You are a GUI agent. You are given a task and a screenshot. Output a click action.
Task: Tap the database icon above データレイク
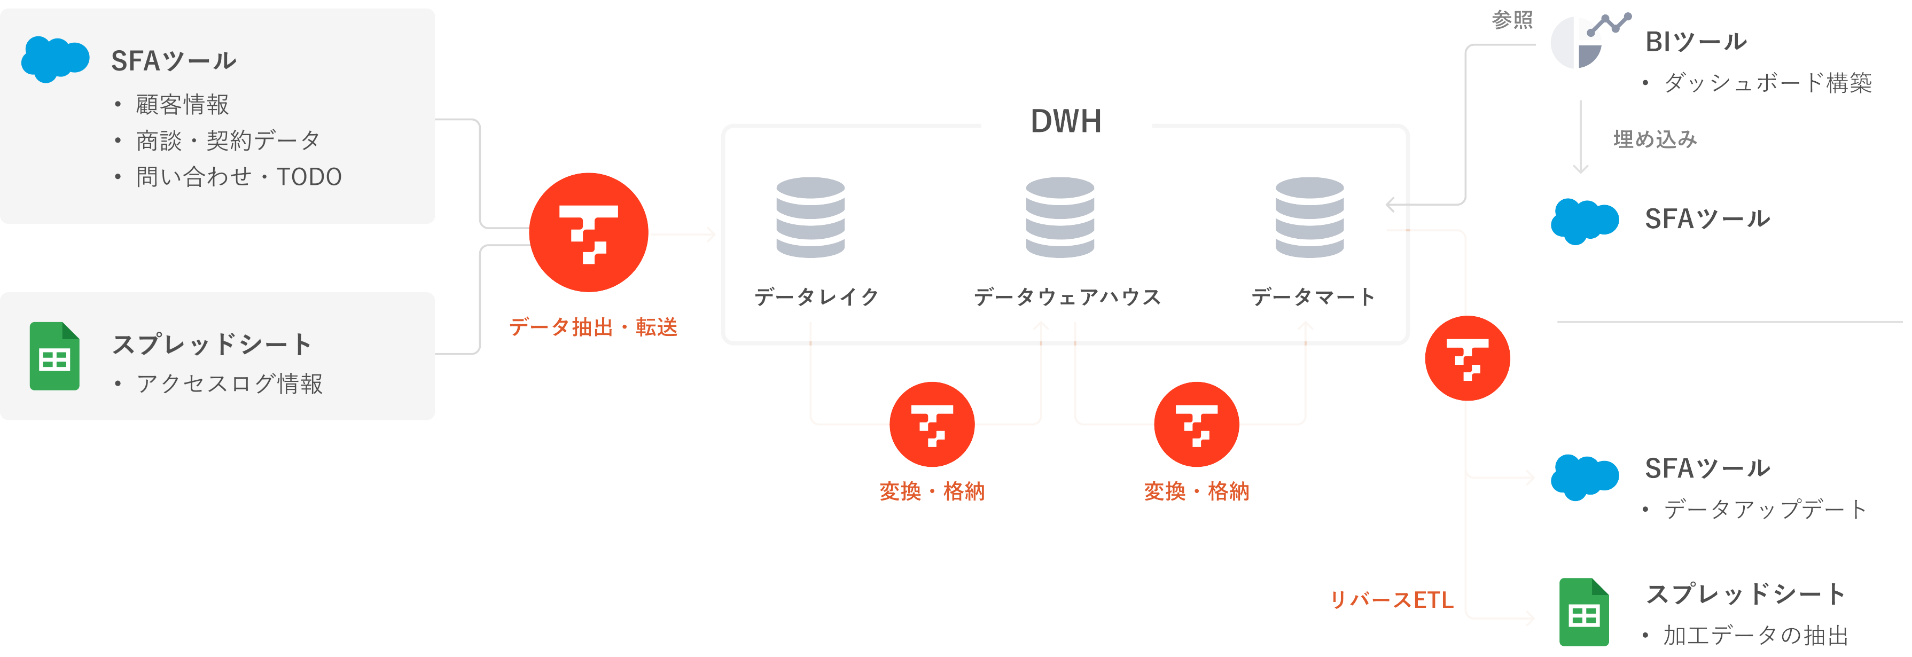(810, 217)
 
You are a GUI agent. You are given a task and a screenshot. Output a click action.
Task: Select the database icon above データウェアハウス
(1060, 217)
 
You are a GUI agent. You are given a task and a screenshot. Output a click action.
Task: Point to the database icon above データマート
(1309, 217)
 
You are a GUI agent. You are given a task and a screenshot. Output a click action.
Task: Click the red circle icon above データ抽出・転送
(589, 232)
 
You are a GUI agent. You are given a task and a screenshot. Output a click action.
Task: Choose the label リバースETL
(1391, 600)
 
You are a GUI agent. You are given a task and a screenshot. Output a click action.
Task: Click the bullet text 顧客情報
(182, 105)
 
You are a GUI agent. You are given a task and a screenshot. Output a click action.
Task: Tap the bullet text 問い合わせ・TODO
(238, 177)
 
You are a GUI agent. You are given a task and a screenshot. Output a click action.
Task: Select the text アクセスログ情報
(229, 384)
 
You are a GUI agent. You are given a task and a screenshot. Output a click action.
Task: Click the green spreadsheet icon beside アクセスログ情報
(54, 356)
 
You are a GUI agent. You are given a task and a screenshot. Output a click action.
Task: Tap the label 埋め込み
(1655, 139)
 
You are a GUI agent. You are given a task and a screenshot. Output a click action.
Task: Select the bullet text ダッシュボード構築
(1767, 82)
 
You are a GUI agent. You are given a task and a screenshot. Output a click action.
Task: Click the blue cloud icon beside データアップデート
(1585, 476)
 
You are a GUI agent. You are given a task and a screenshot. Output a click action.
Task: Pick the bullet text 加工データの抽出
(1754, 636)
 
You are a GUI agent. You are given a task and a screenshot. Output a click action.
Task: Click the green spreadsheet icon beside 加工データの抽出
(1584, 613)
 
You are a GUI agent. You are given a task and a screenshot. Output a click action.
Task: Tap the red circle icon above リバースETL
(1468, 358)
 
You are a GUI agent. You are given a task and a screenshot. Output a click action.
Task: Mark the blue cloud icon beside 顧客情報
(55, 59)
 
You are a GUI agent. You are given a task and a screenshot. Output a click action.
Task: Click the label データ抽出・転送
(593, 327)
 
